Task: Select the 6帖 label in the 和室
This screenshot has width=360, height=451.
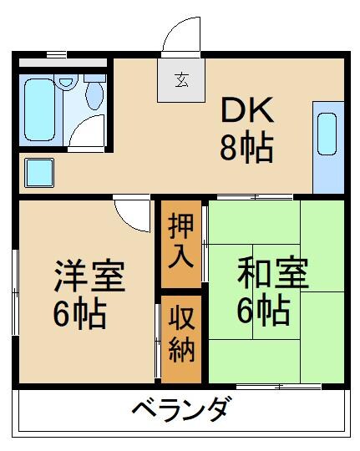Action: pyautogui.click(x=262, y=311)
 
